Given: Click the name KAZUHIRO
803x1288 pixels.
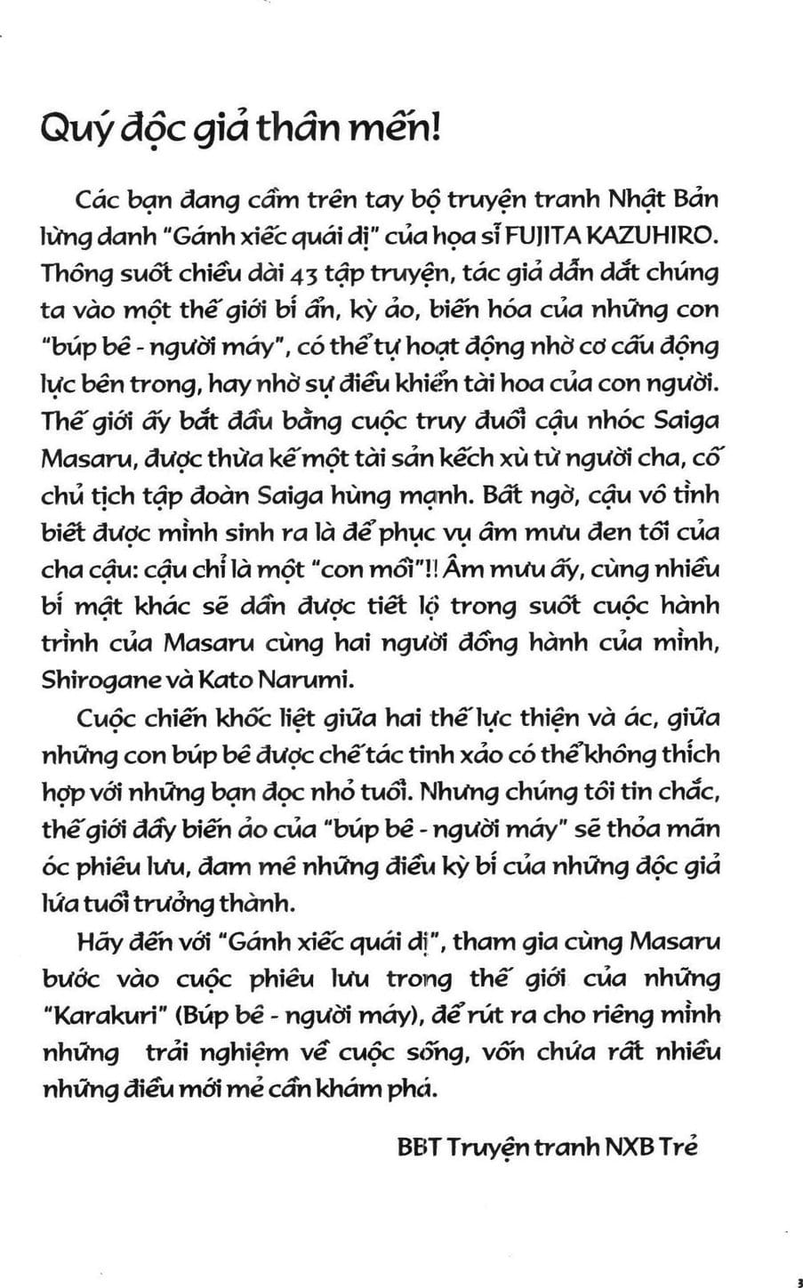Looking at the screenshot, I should pyautogui.click(x=667, y=235).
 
